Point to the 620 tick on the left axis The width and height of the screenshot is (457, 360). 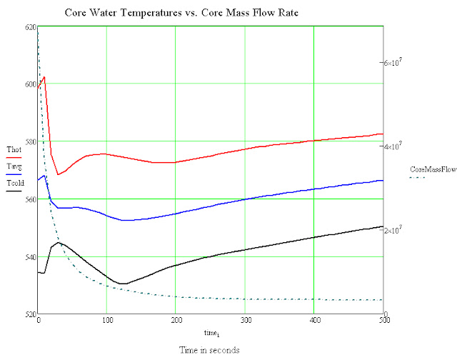[30, 26]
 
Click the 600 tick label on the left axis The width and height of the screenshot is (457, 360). [30, 84]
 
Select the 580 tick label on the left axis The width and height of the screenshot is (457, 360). [30, 141]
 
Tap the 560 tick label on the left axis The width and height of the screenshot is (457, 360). [30, 199]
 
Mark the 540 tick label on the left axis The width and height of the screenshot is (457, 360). [30, 256]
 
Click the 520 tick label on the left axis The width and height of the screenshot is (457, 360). [30, 314]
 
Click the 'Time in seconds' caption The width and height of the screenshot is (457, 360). [209, 350]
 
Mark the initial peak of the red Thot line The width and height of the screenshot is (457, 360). [44, 77]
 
